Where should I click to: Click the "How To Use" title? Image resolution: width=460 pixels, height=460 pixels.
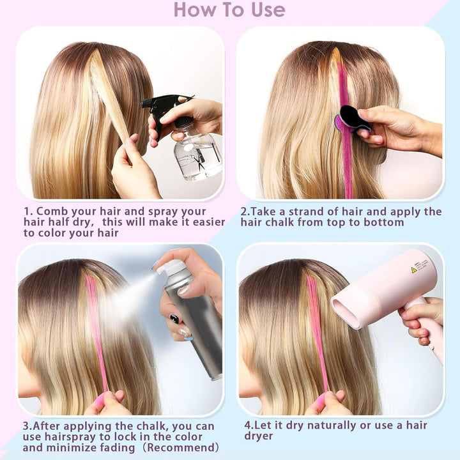(x=229, y=10)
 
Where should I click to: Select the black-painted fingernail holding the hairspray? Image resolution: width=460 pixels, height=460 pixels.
(x=174, y=319)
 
